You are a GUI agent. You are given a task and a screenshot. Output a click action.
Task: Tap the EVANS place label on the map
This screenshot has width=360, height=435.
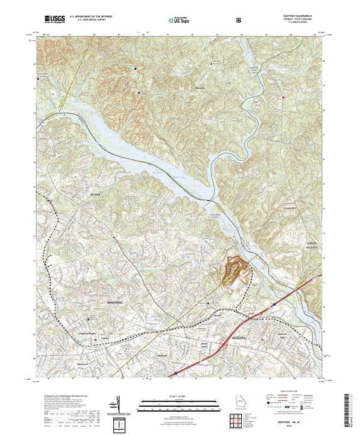[77, 196]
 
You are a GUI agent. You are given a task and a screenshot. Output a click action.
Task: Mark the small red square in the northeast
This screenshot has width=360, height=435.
[283, 97]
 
